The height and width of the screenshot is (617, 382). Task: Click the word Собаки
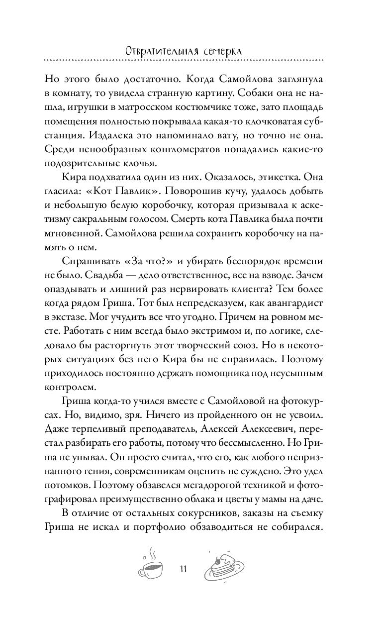click(x=286, y=94)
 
